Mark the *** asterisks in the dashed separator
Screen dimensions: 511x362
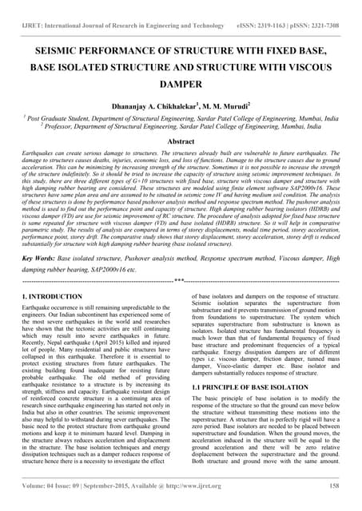point(180,281)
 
